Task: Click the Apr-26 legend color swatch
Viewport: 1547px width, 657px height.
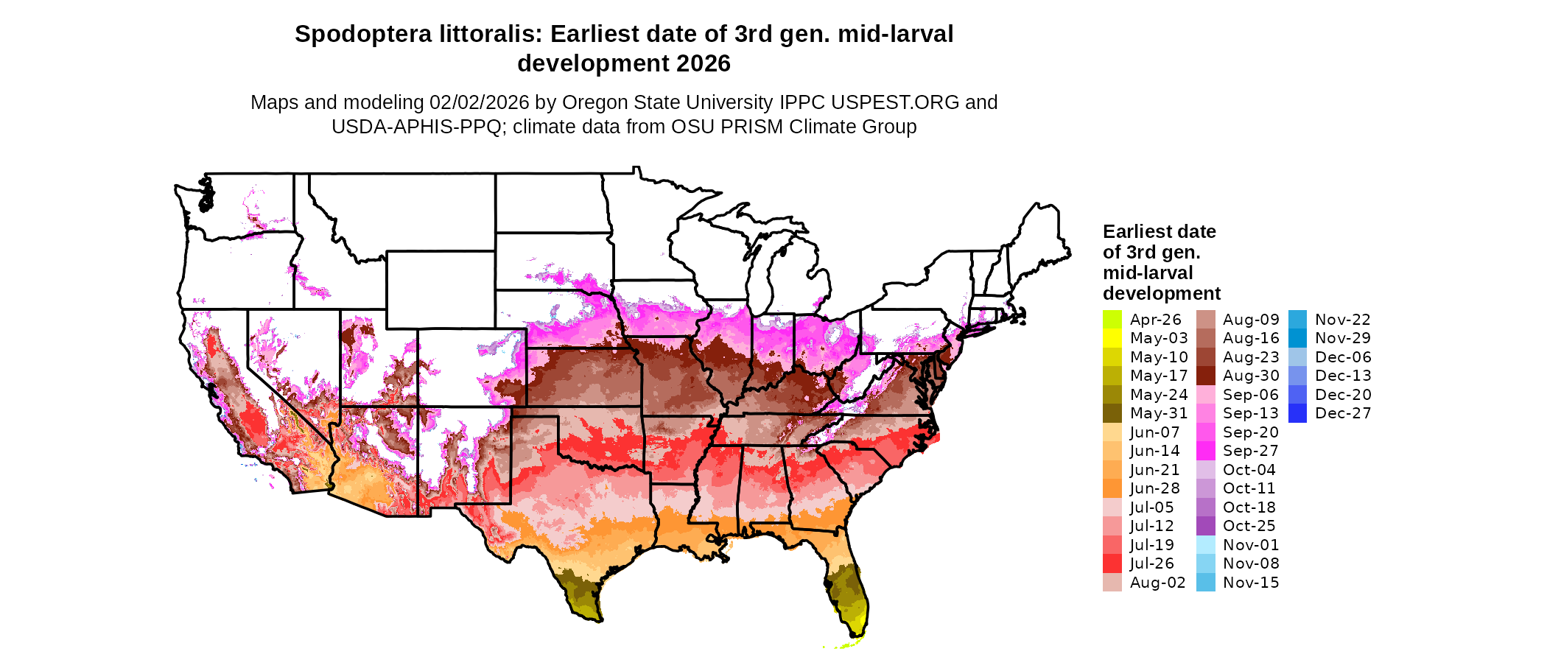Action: tap(1112, 320)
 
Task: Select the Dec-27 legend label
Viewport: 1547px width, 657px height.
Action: tap(1343, 413)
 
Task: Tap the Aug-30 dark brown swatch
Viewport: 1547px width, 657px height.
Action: tap(1205, 376)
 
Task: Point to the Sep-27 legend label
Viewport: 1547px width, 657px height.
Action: tap(1250, 451)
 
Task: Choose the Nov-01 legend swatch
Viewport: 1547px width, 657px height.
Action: tap(1205, 545)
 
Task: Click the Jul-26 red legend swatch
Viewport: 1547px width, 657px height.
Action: tap(1112, 563)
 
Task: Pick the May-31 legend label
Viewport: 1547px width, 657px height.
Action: tap(1159, 413)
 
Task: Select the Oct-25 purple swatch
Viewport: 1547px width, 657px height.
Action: tap(1205, 526)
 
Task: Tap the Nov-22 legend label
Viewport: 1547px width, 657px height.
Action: tap(1342, 320)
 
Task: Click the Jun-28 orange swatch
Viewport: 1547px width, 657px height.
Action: tap(1112, 488)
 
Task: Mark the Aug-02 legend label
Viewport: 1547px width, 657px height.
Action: tap(1157, 583)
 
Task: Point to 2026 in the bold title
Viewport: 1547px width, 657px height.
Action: tap(703, 64)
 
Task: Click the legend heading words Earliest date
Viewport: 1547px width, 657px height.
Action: tap(1159, 232)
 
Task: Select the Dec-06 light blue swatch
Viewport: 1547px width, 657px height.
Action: tap(1297, 357)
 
